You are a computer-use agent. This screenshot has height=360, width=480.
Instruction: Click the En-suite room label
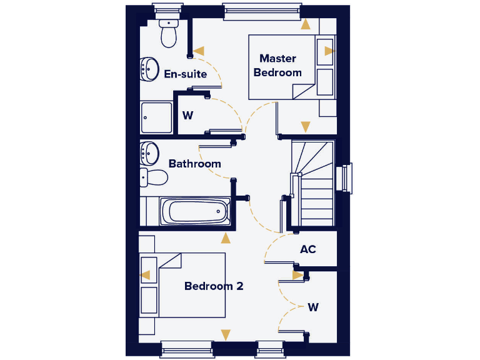point(185,74)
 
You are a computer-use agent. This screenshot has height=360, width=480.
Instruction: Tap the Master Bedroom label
point(277,65)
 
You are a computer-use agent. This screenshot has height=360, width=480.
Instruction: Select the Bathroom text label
point(194,164)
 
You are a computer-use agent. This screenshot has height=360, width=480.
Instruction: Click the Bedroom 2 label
point(214,286)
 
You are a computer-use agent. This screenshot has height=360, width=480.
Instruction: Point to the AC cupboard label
point(308,249)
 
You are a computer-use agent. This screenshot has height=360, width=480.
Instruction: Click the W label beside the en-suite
point(187,116)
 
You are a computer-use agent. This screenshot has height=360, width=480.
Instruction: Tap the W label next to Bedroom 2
point(313,307)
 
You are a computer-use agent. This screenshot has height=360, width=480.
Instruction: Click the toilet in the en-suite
point(169,34)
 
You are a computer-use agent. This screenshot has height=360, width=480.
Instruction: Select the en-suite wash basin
point(149,69)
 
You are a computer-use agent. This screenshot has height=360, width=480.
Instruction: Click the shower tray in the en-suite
point(156,117)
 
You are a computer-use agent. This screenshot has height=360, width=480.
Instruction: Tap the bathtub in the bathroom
point(194,212)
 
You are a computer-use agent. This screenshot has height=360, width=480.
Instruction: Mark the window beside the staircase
point(346,179)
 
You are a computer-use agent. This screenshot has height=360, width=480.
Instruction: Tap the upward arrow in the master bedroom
point(306,25)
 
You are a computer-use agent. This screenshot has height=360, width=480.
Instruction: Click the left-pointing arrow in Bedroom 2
point(145,275)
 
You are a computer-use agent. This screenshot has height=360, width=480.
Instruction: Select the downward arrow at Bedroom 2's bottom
point(226,334)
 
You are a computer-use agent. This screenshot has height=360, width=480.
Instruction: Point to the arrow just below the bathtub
point(226,237)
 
